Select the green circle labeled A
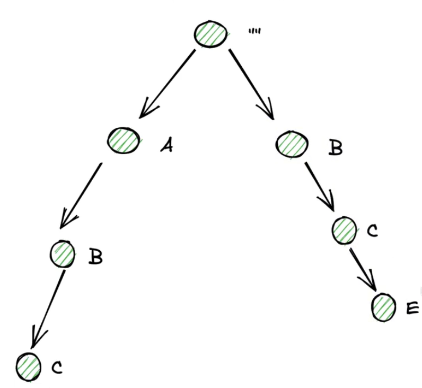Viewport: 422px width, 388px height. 124,141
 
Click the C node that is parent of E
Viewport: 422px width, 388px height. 346,230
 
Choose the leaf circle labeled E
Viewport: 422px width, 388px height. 384,307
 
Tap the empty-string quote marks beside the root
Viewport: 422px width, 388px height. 254,31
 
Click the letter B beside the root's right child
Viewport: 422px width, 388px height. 335,148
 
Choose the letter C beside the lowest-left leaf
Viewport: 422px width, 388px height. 57,367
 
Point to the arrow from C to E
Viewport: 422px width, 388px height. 363,268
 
